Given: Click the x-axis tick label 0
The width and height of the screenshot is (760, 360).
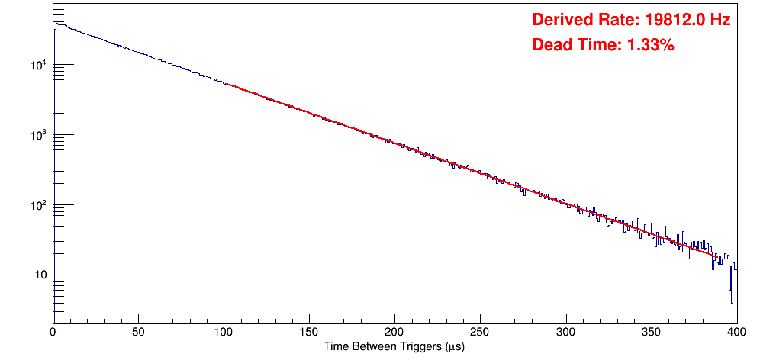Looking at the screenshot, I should coord(53,332).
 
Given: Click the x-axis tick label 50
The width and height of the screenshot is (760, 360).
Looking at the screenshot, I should coord(138,332).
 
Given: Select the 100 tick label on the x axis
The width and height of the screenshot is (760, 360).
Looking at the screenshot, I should coord(224,332).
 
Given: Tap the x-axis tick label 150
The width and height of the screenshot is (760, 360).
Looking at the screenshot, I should coord(309,332).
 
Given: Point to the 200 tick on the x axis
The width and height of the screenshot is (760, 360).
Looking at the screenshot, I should coord(394,332).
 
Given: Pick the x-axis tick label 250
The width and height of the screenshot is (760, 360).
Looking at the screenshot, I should coord(480,332).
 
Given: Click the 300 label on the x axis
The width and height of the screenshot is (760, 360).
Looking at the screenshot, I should coord(565,332).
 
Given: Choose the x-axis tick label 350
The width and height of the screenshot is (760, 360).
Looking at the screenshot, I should coord(651,332).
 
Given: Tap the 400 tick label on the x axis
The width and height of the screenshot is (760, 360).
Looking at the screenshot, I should coord(736,332).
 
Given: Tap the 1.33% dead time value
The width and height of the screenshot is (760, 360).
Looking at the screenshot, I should coord(650,45).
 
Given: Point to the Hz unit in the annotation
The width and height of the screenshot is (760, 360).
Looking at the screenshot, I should coord(720,20).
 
